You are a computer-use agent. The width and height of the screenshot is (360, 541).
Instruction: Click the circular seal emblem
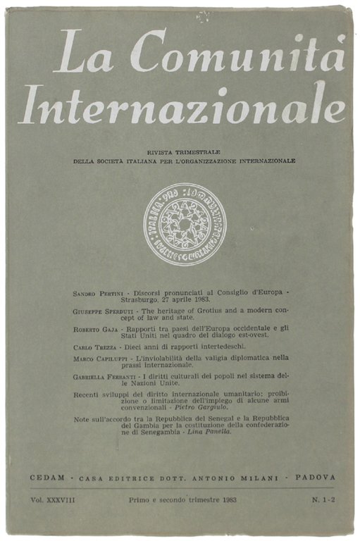[181, 230]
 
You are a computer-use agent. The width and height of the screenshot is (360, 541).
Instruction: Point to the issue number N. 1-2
[314, 498]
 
